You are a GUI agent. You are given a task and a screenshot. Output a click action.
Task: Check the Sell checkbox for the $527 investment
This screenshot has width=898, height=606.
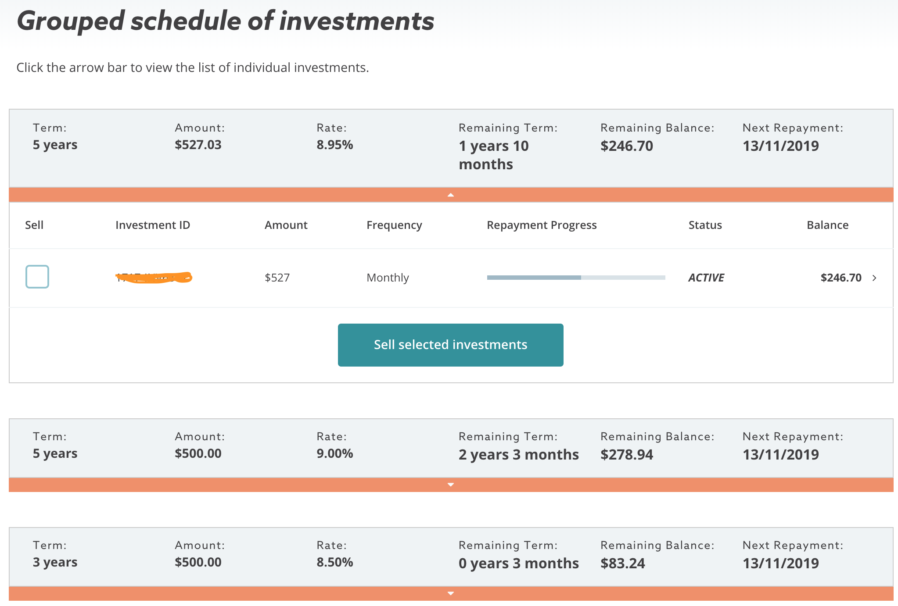37,277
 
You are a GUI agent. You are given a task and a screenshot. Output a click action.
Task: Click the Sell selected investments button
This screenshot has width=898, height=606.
450,345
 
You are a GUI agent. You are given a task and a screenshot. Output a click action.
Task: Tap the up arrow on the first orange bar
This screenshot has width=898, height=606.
450,195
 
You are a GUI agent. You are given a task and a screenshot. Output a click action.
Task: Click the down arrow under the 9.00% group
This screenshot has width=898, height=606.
450,485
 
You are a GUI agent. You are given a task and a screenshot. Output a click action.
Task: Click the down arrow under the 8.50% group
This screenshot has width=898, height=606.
450,593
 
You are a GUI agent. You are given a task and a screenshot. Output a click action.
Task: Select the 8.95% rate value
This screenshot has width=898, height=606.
334,145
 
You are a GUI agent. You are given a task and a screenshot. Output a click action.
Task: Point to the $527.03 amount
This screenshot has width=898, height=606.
198,145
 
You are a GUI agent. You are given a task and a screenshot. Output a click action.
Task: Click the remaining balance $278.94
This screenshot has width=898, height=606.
626,454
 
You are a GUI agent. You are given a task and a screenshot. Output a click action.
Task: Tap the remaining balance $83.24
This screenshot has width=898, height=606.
622,563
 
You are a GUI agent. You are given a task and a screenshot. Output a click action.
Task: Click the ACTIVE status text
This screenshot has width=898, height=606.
706,278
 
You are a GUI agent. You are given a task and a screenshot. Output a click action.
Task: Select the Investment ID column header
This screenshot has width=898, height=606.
152,225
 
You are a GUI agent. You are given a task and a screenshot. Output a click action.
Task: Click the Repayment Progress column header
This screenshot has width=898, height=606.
541,225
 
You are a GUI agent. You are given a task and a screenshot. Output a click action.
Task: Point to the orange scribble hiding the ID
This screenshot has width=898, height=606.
154,278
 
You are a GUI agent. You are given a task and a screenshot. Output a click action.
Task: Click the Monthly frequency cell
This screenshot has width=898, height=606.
388,278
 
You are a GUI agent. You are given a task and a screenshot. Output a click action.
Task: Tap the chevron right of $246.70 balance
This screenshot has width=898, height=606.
874,278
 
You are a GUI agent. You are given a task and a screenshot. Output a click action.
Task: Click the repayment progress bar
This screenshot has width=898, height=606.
576,278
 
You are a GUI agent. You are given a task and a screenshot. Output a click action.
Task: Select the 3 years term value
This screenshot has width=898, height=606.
55,562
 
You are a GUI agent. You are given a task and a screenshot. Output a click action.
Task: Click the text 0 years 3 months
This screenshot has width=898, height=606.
518,563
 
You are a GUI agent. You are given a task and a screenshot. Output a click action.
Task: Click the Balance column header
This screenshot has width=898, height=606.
827,225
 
